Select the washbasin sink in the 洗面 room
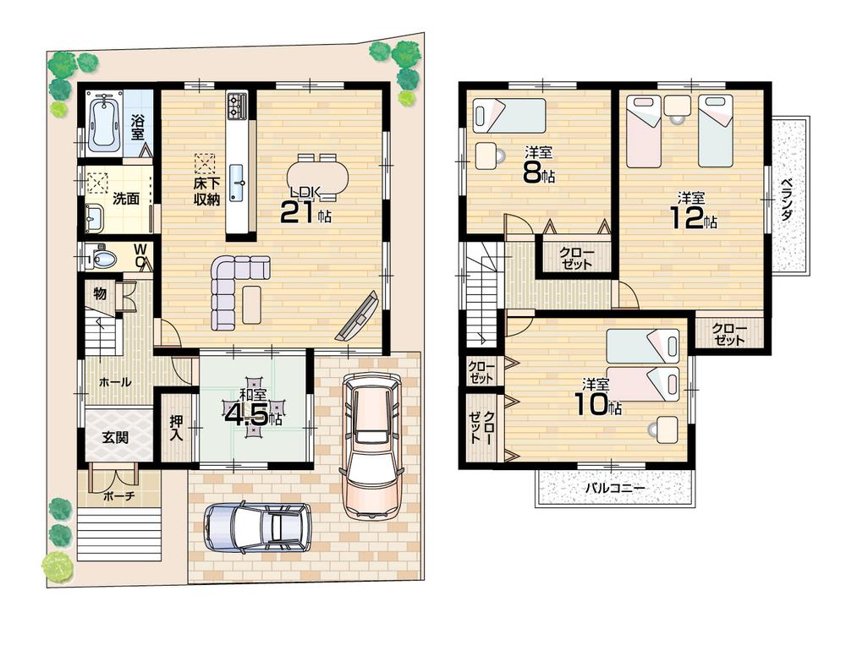pyautogui.click(x=93, y=218)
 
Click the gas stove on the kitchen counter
pyautogui.click(x=236, y=106)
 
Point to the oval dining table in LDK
pyautogui.click(x=317, y=178)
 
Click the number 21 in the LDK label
pyautogui.click(x=298, y=212)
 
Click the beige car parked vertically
pyautogui.click(x=369, y=446)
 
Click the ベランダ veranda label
pyautogui.click(x=787, y=200)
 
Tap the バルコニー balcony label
pyautogui.click(x=615, y=489)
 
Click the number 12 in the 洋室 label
pyautogui.click(x=686, y=219)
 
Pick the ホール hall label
pyautogui.click(x=115, y=382)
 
